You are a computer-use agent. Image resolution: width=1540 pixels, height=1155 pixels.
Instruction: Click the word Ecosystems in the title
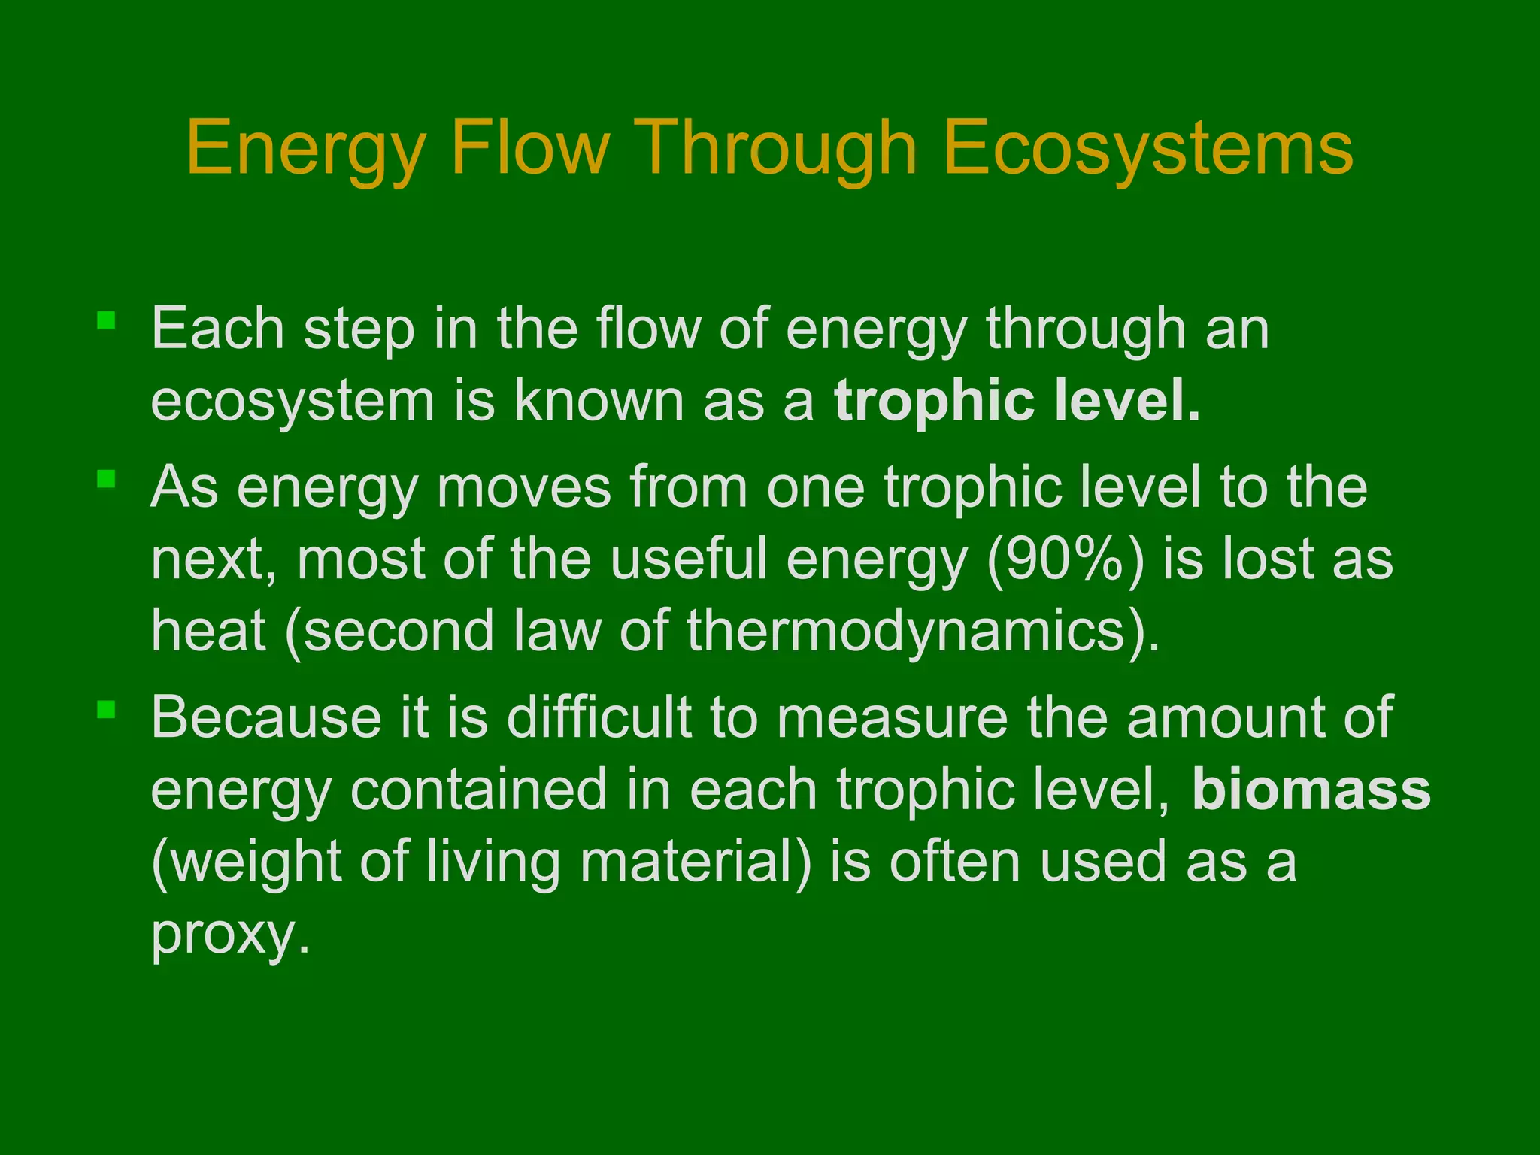tap(1147, 148)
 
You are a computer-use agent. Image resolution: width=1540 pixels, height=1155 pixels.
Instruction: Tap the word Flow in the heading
tap(529, 148)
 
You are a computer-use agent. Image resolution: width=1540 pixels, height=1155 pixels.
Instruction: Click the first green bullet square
tap(106, 321)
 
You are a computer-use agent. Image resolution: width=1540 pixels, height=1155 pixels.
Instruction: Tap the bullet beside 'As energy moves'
tap(106, 479)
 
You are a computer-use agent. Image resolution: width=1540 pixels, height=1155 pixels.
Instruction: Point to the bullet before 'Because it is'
tap(106, 709)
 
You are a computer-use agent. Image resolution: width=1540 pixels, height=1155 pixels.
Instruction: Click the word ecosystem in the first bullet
tap(293, 402)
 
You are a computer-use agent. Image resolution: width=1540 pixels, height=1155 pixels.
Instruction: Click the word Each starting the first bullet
tap(218, 329)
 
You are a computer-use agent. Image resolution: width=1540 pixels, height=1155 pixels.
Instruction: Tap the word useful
tap(689, 559)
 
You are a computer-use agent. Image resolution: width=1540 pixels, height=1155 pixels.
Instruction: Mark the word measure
tap(892, 717)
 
